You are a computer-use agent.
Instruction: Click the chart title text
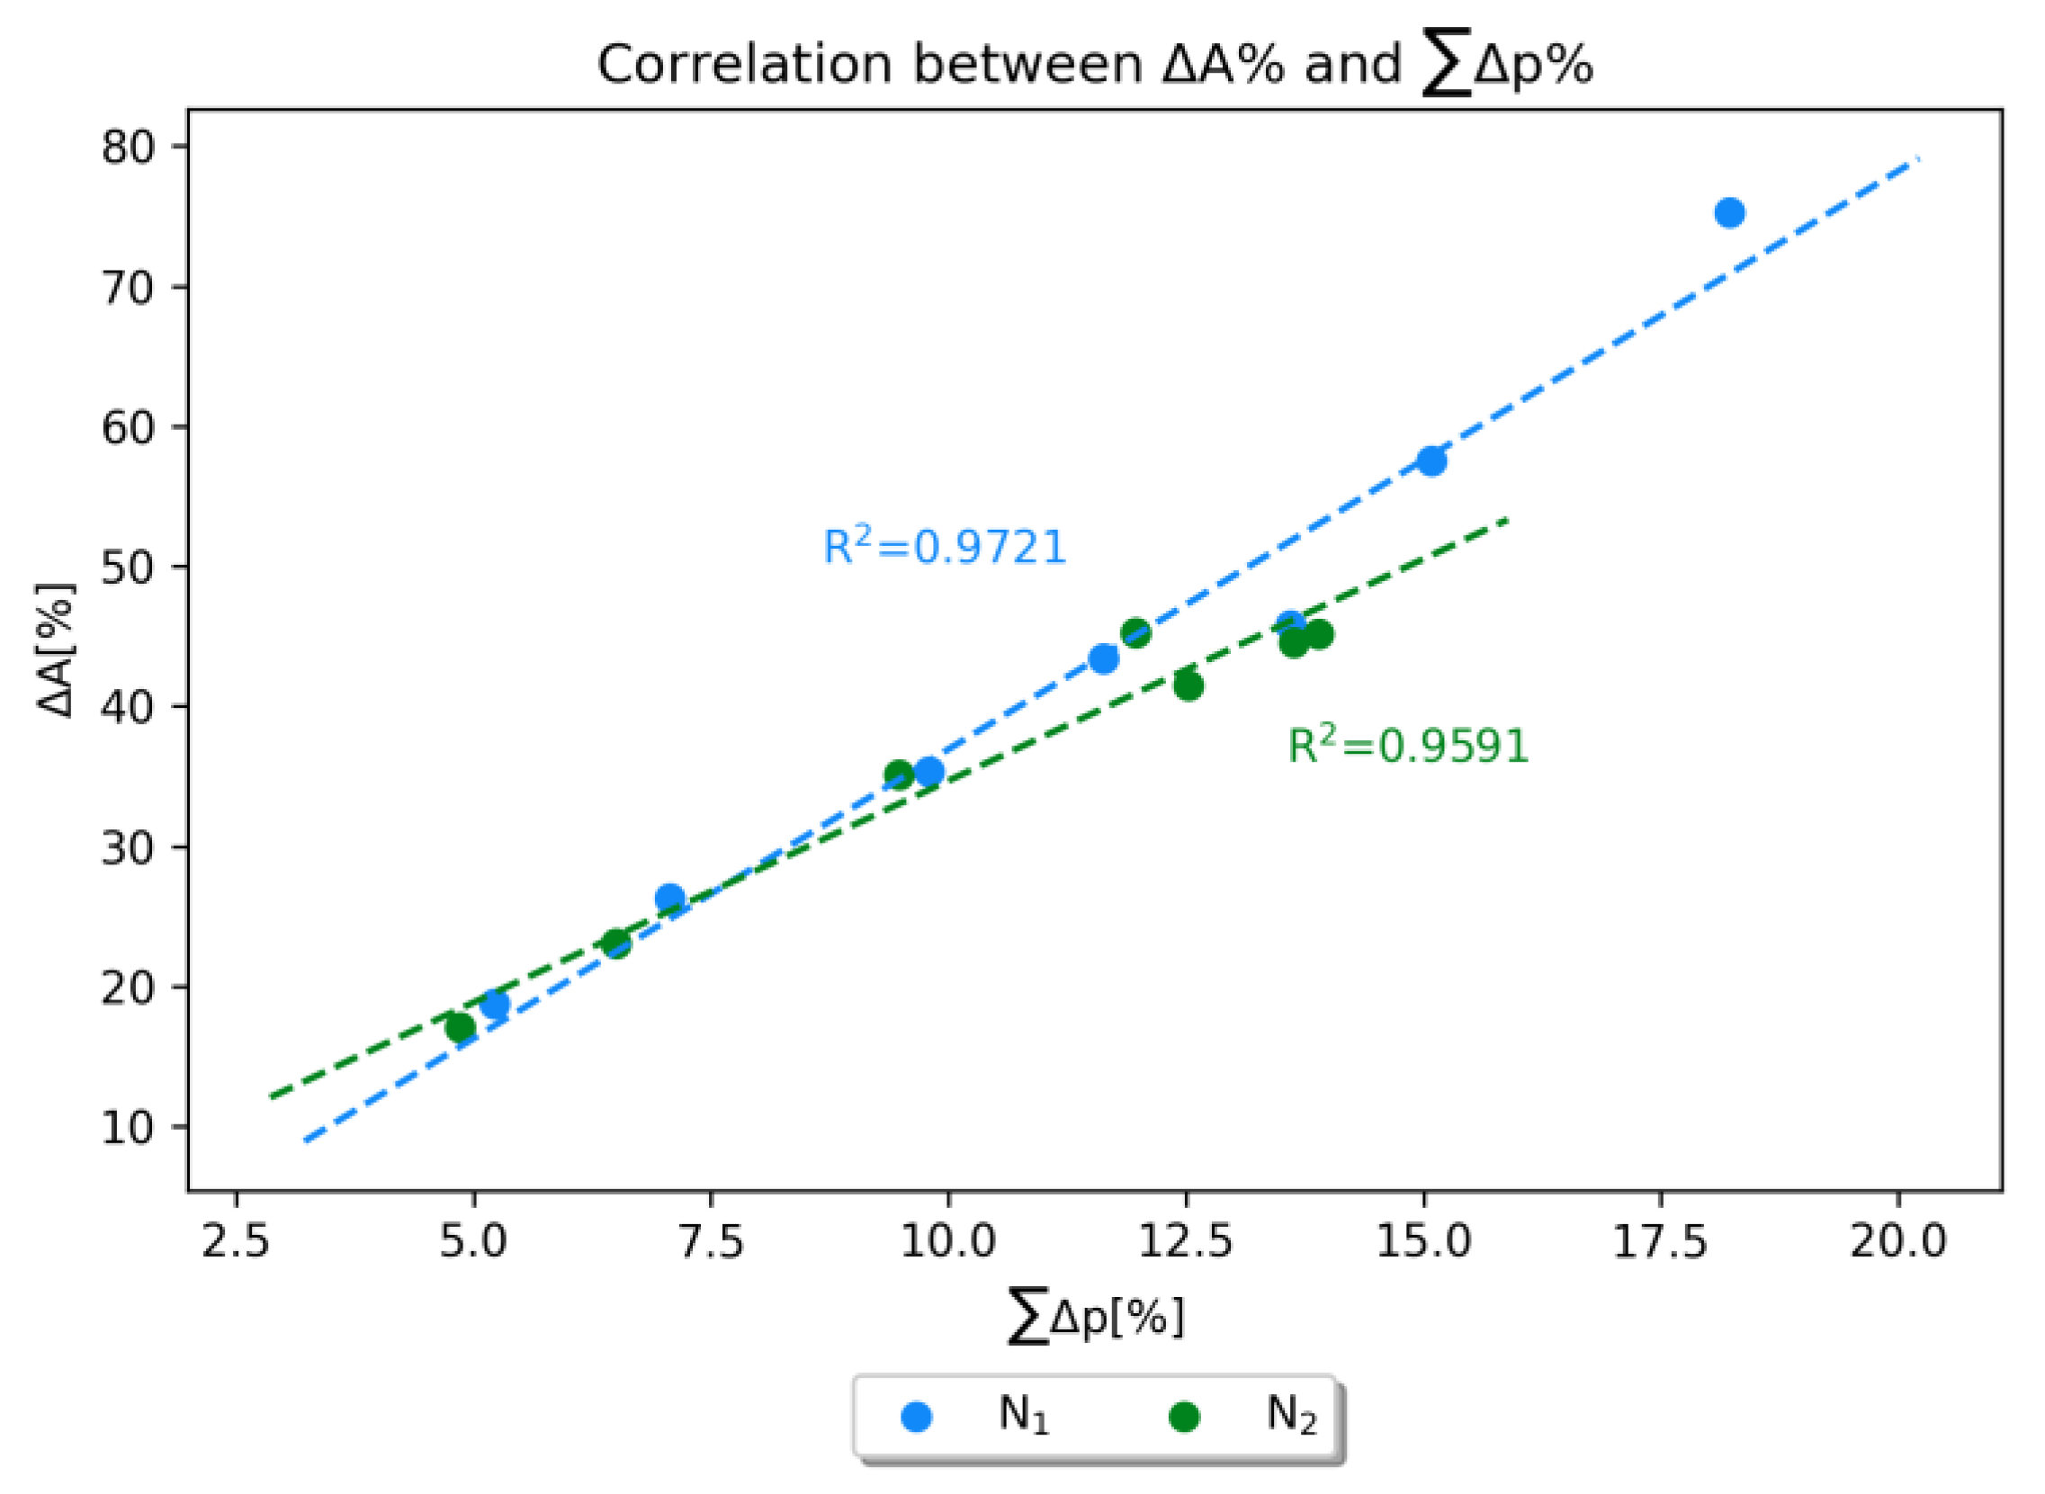pos(1094,65)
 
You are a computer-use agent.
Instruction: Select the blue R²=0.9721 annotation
pos(945,547)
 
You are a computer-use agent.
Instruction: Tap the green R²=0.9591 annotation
pos(1407,746)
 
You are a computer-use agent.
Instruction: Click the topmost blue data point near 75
pos(1728,213)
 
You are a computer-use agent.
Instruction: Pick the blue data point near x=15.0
pos(1431,461)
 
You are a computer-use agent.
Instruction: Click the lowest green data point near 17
pos(461,1028)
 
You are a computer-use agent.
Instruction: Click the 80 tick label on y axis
pos(130,147)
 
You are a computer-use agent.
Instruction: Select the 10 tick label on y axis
pos(130,1128)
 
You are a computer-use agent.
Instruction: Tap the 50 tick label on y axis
pos(130,567)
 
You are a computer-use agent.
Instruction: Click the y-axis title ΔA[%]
pos(58,649)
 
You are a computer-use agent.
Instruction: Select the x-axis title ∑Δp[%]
pos(1095,1319)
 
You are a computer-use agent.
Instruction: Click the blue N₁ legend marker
pos(916,1418)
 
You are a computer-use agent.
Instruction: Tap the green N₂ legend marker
pos(1184,1418)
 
